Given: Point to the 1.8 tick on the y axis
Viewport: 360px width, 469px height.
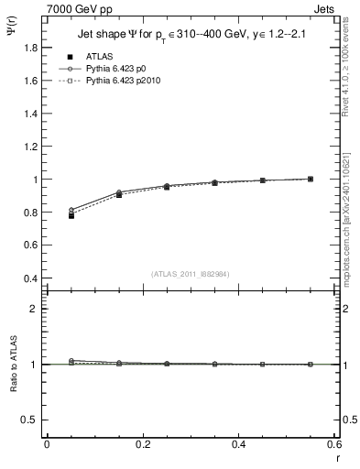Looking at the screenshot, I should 29,48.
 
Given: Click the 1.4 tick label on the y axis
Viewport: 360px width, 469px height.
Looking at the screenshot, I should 29,114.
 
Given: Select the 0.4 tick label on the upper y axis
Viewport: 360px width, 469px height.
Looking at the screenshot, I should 29,278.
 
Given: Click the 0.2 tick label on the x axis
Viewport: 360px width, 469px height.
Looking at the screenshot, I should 142,444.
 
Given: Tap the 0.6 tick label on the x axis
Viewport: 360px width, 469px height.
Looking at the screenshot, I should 334,444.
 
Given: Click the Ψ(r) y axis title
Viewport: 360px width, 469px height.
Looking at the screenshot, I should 11,34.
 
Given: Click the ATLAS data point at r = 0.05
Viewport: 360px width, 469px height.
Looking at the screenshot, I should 71,215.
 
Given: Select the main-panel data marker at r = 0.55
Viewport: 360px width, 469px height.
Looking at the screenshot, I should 311,179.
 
